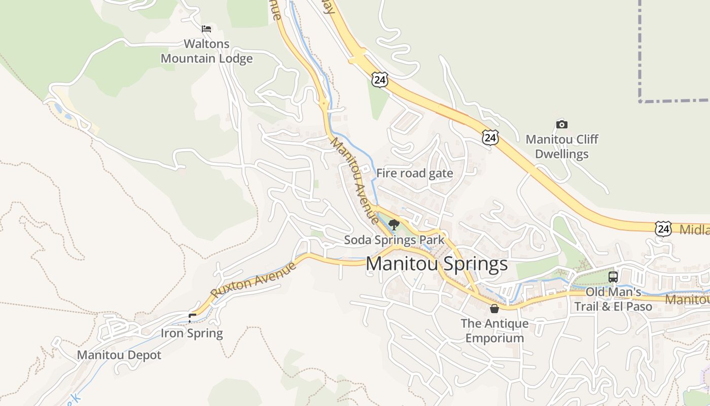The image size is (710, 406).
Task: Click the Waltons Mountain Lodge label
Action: pyautogui.click(x=206, y=51)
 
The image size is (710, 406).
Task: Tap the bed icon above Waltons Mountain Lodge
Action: pyautogui.click(x=206, y=28)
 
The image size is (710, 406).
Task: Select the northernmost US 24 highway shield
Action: pyautogui.click(x=379, y=79)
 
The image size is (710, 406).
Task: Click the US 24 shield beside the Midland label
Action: pyautogui.click(x=663, y=229)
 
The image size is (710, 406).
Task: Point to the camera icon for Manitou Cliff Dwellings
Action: pyautogui.click(x=561, y=124)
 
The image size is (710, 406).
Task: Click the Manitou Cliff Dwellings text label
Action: pyautogui.click(x=561, y=147)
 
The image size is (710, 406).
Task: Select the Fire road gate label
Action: pyautogui.click(x=414, y=173)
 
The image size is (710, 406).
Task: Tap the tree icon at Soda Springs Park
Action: pyautogui.click(x=394, y=224)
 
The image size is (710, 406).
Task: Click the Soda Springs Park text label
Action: pyautogui.click(x=394, y=240)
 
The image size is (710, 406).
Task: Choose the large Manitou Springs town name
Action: pyautogui.click(x=436, y=264)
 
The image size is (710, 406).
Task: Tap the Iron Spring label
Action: pyautogui.click(x=192, y=333)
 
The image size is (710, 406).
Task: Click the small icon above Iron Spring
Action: pyautogui.click(x=192, y=318)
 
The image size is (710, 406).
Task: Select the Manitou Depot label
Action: pyautogui.click(x=119, y=355)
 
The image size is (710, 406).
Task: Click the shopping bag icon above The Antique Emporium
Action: pyautogui.click(x=494, y=308)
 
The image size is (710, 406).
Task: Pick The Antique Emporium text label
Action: pyautogui.click(x=494, y=330)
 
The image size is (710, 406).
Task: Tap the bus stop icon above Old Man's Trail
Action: pyautogui.click(x=613, y=277)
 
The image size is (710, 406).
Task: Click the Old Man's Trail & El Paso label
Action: pyautogui.click(x=613, y=299)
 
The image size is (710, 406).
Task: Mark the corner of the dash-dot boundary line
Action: pyautogui.click(x=641, y=101)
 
